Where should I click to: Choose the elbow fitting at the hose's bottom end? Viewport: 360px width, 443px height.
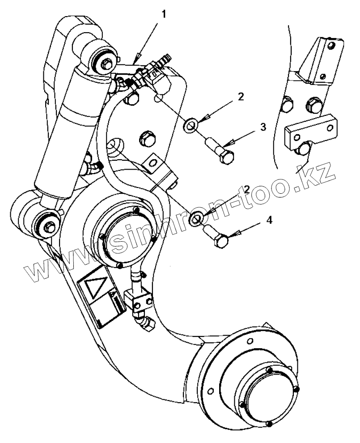pos(146,323)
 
